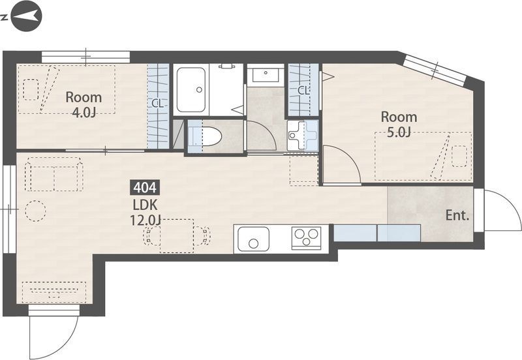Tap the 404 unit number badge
(x=145, y=188)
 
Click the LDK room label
(x=145, y=205)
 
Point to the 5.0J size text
(x=399, y=132)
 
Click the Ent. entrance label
(x=457, y=216)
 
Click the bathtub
(x=191, y=90)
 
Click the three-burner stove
(x=306, y=237)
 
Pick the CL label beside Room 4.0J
(x=158, y=104)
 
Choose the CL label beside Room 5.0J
(x=303, y=90)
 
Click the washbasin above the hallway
(x=266, y=74)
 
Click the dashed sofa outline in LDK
(x=55, y=174)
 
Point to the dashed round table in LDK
(x=35, y=211)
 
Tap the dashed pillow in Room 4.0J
(x=31, y=89)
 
